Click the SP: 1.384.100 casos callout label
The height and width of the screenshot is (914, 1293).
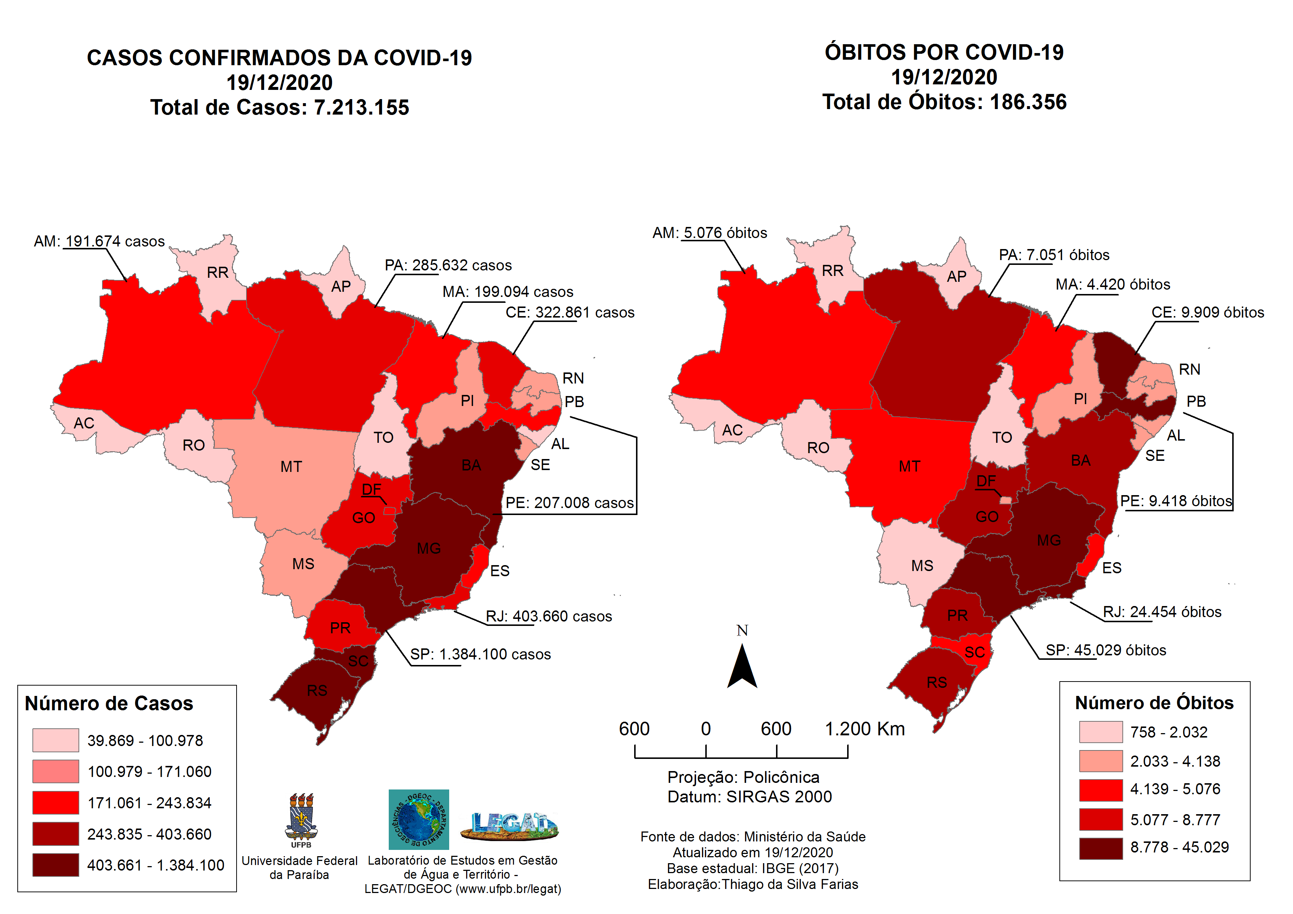(480, 654)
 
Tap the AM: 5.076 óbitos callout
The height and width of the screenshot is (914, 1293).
(710, 233)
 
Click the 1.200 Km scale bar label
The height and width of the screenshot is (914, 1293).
(864, 729)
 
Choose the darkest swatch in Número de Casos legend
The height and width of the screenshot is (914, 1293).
(55, 865)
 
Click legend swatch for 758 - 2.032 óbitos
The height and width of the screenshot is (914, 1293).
(1100, 732)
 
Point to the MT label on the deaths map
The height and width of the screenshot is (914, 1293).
(909, 466)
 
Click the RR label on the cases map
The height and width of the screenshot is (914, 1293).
(217, 273)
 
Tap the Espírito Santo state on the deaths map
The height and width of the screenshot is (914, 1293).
(1093, 555)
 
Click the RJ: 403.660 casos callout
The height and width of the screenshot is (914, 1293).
(549, 617)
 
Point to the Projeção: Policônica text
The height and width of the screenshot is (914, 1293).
(743, 777)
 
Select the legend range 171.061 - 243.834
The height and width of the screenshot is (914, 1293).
(149, 803)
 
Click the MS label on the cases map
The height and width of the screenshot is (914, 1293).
(303, 564)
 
